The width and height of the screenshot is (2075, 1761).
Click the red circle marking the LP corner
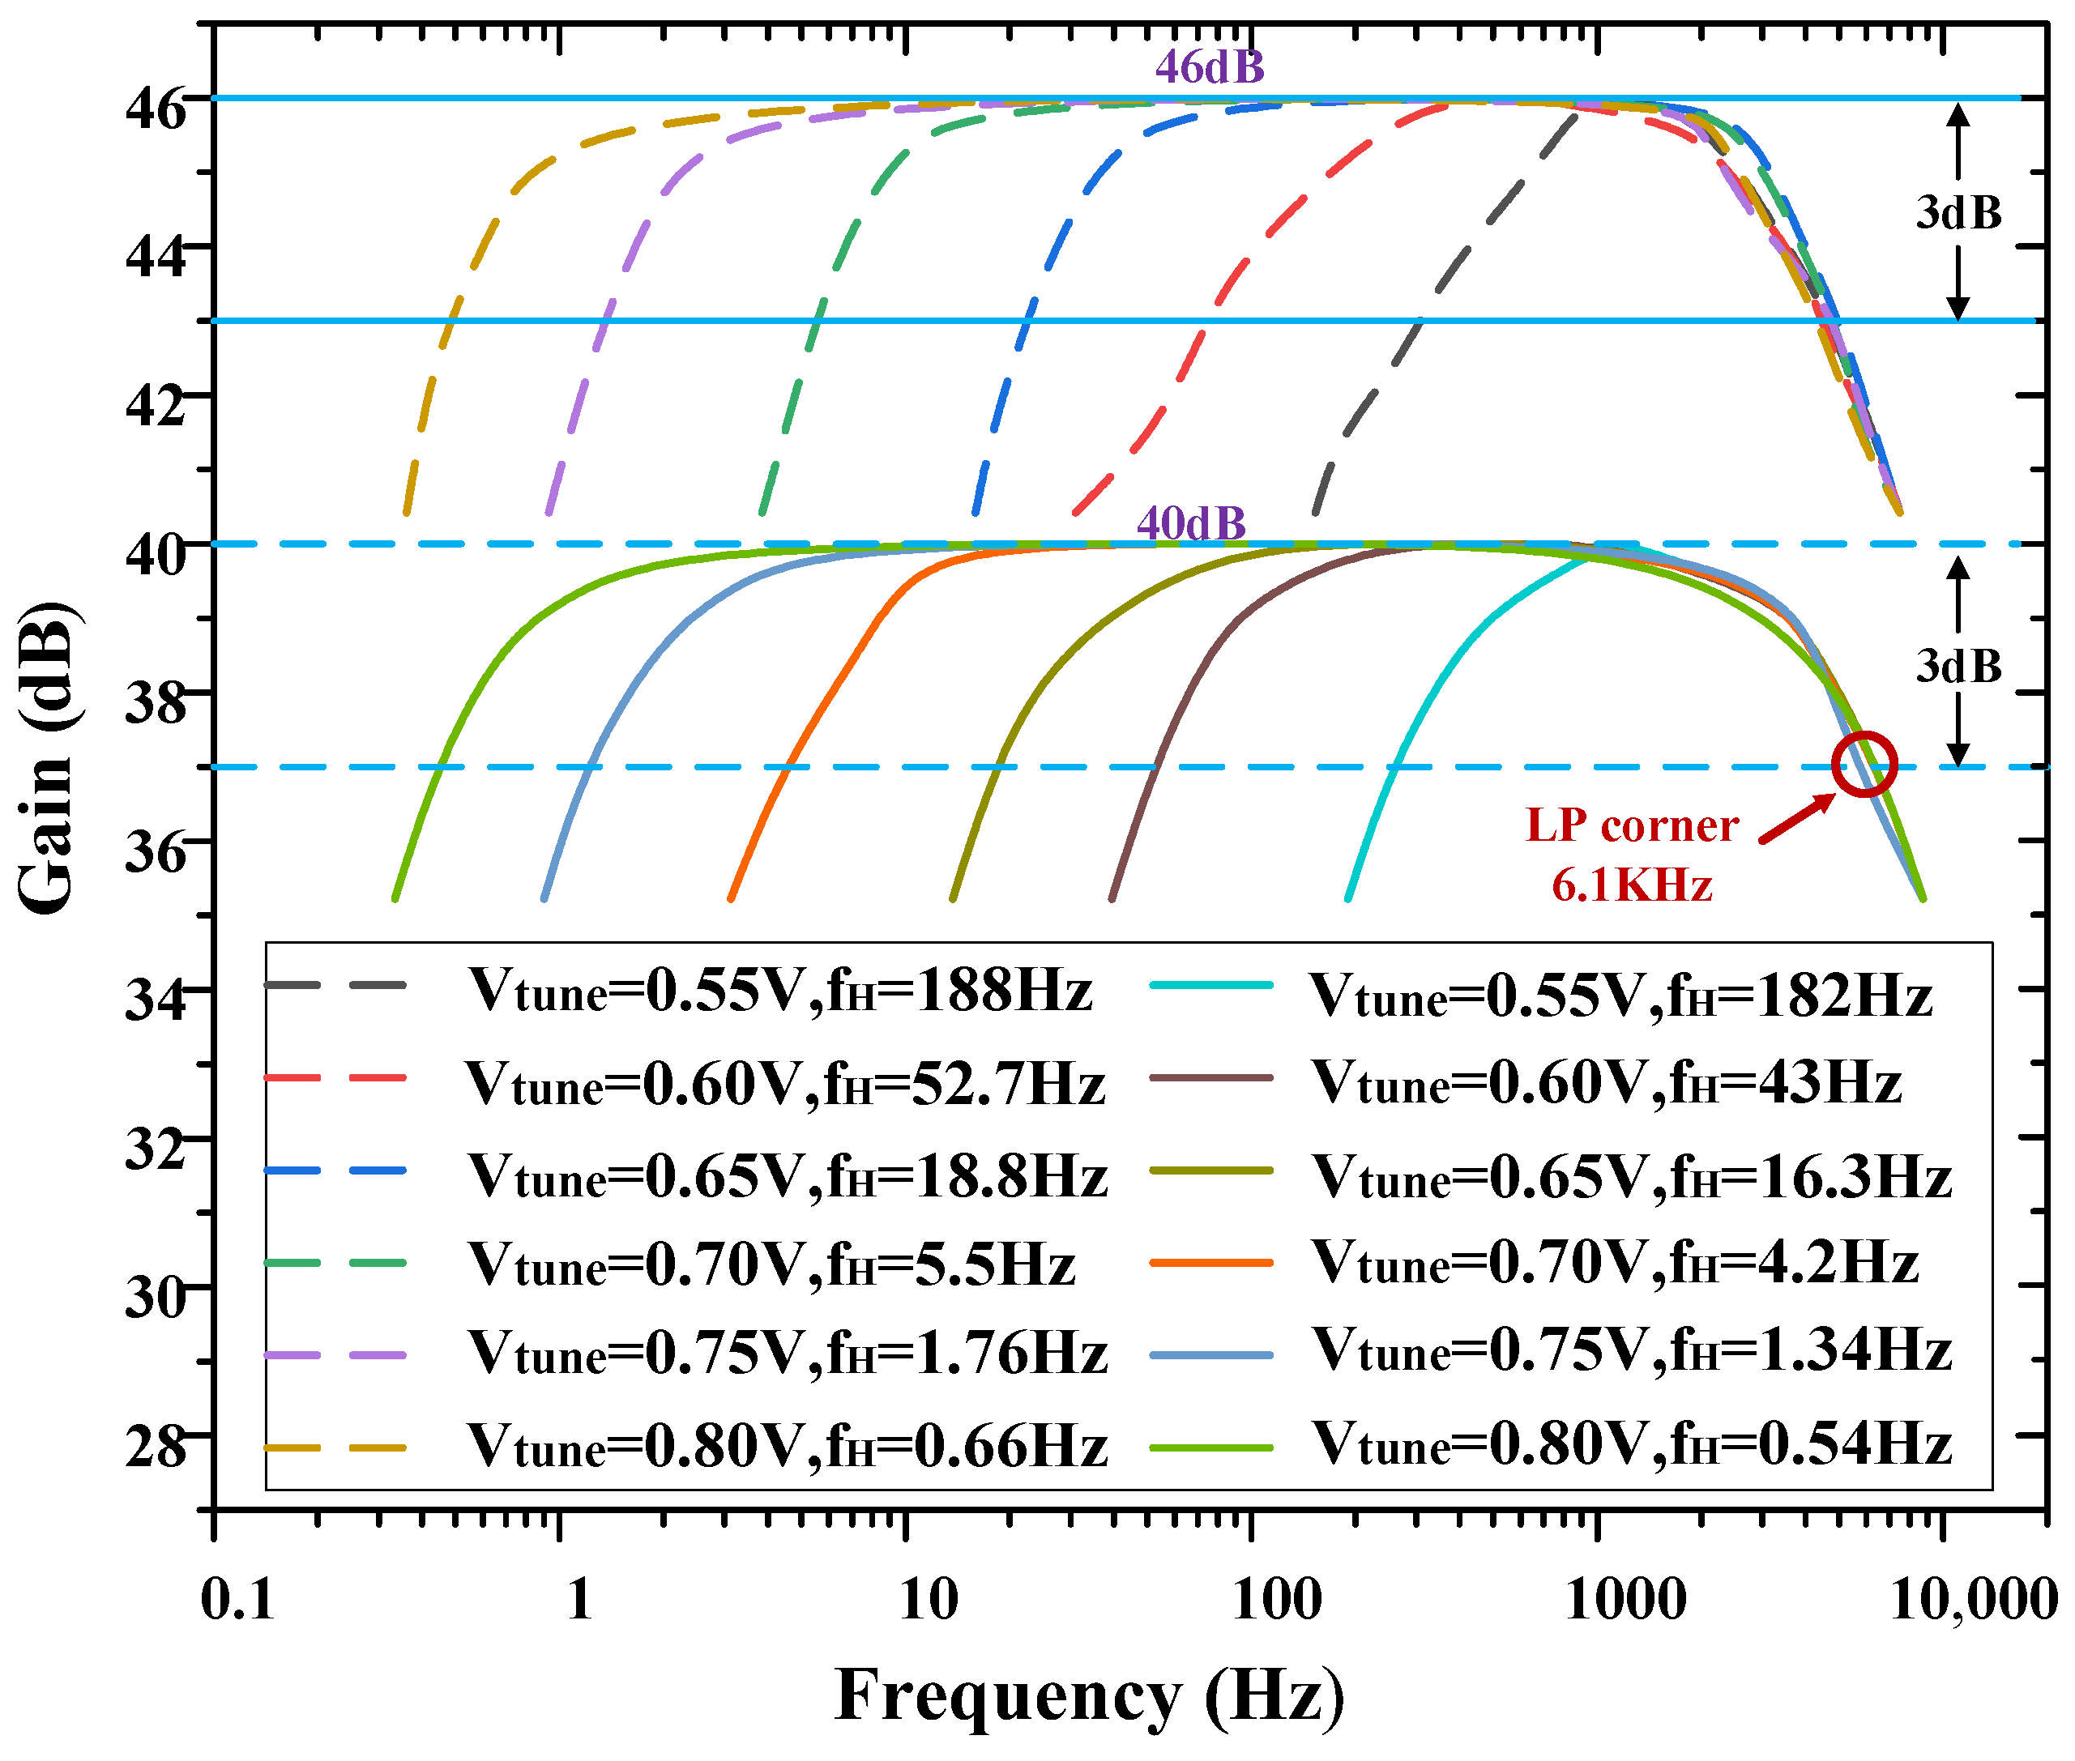[1864, 764]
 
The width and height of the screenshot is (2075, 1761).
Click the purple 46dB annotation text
[1209, 67]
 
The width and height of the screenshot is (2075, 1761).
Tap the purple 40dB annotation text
[1190, 523]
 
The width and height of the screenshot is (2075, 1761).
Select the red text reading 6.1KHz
[1631, 885]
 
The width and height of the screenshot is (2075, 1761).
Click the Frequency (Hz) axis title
[1088, 1695]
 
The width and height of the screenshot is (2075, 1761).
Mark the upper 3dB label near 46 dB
[1958, 213]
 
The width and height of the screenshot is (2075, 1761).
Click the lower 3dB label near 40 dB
[1958, 666]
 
